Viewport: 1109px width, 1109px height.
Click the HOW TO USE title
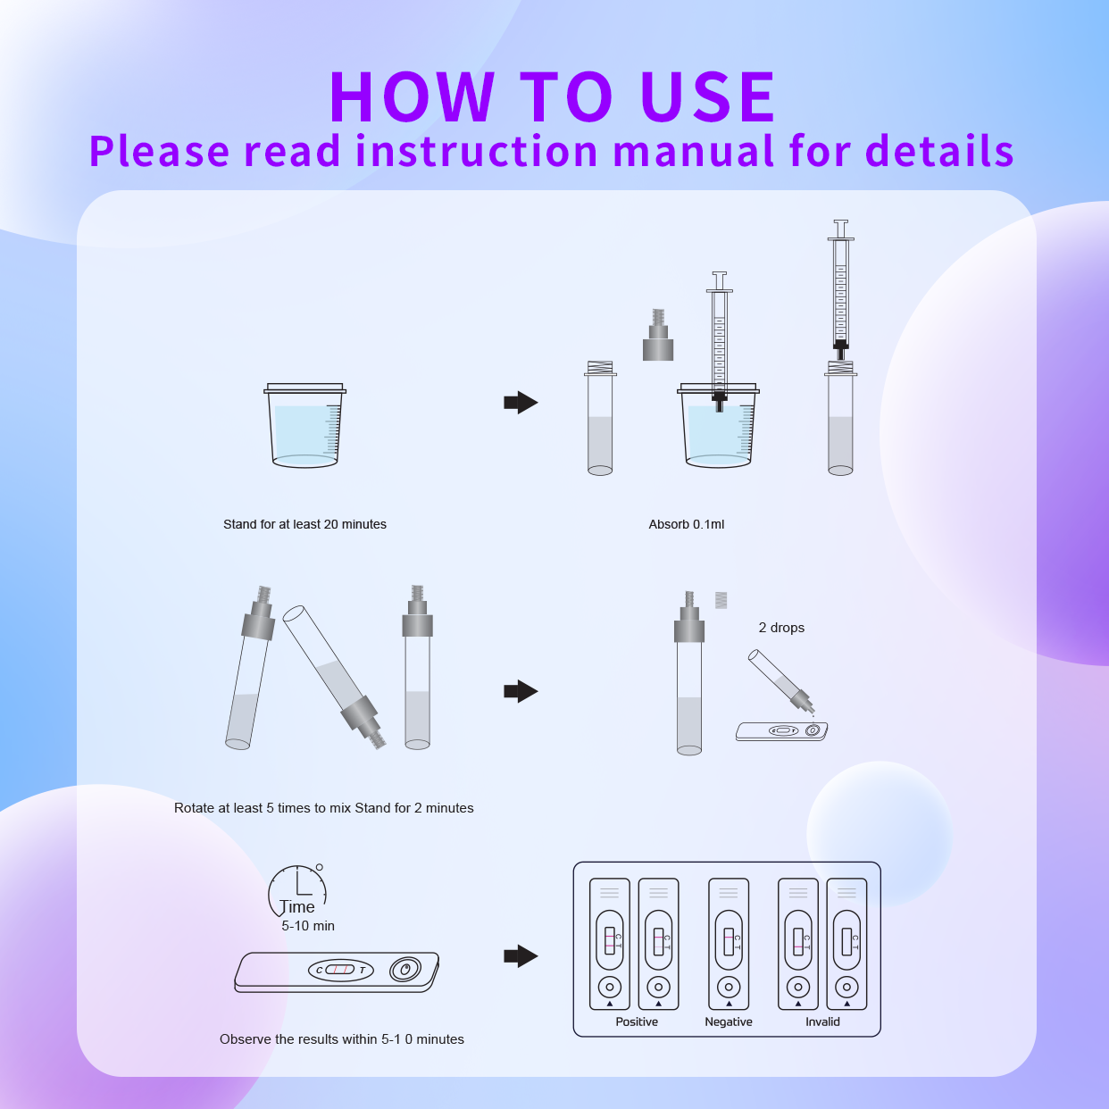point(553,96)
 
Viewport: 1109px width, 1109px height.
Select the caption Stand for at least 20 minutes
point(304,524)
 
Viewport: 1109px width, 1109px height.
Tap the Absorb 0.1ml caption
point(686,524)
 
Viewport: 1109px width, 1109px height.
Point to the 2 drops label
point(781,628)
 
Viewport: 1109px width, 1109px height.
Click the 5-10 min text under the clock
point(308,926)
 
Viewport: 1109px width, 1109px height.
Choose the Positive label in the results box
point(637,1021)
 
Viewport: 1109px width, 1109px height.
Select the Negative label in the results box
point(729,1021)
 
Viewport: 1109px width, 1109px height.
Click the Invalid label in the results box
point(822,1021)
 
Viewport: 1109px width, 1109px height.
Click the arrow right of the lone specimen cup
point(521,403)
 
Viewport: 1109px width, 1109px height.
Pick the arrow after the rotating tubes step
point(521,691)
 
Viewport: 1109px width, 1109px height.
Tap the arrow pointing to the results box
point(521,956)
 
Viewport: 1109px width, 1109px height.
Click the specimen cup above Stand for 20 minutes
point(304,426)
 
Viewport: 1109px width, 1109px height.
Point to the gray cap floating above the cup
point(658,338)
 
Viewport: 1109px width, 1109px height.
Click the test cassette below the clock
point(337,971)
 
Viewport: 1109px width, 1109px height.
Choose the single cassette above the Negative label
point(729,944)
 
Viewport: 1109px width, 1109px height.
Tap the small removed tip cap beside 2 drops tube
point(721,600)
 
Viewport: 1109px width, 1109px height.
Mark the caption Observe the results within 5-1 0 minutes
point(342,1039)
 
